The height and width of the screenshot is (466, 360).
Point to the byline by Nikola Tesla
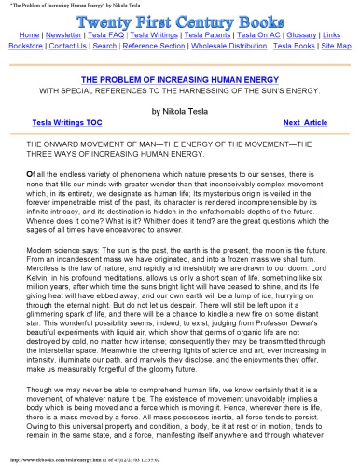(x=180, y=109)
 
